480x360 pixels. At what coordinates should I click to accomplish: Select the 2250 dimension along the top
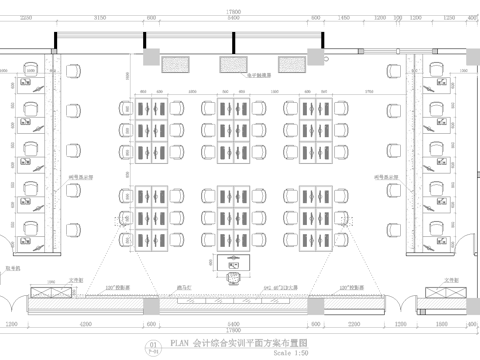[x=26, y=17]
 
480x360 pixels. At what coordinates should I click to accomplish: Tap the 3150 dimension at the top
[x=100, y=17]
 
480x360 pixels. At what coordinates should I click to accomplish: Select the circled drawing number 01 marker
[x=153, y=346]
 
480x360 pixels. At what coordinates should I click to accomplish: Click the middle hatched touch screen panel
[x=233, y=64]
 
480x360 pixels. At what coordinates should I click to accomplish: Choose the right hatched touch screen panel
[x=290, y=64]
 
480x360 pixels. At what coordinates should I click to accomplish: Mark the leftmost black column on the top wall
[x=56, y=40]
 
